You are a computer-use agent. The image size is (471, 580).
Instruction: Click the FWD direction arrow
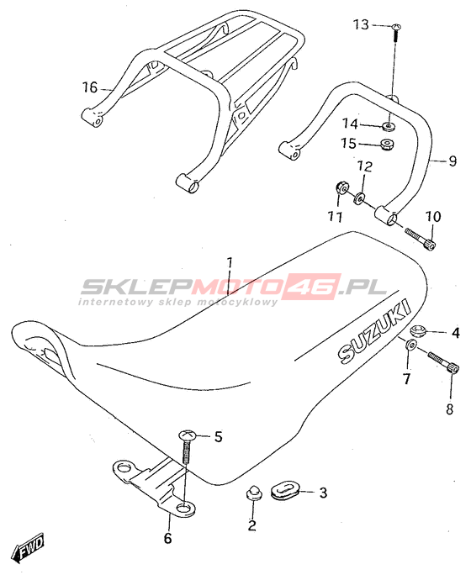28,547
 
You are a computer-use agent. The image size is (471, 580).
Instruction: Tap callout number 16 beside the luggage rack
89,87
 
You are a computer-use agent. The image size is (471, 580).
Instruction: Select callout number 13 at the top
361,24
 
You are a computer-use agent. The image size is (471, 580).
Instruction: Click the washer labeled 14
388,127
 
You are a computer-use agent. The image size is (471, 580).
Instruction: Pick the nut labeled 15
388,143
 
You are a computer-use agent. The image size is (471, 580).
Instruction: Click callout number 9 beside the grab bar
452,161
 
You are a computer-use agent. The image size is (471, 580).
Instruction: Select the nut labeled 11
341,188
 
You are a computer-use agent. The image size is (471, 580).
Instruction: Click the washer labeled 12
359,198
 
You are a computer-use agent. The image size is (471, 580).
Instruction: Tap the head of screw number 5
188,435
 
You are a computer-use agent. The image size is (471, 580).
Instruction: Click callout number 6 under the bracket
167,538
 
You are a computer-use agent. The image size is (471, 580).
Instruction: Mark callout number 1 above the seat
230,265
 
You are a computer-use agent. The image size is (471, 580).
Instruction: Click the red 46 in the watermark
314,286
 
